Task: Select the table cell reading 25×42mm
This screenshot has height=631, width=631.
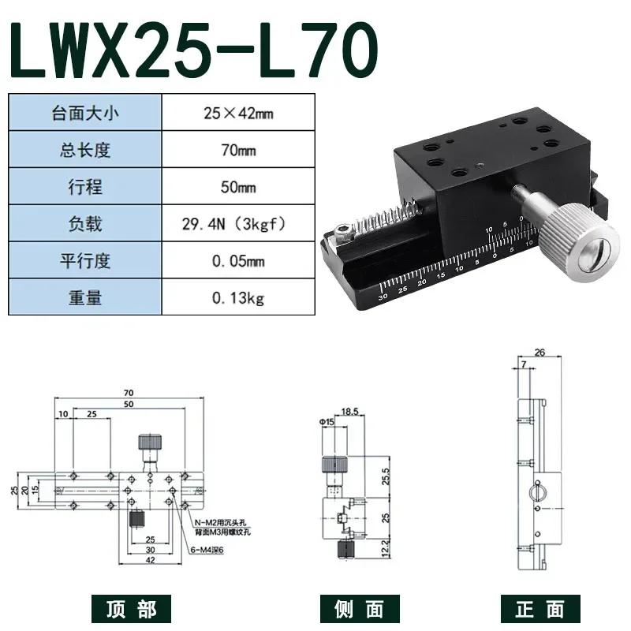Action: click(x=238, y=113)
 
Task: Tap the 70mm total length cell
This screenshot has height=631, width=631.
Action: click(x=238, y=150)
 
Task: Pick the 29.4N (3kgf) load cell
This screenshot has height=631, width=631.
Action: click(x=238, y=224)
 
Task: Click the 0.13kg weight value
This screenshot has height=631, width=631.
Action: click(x=238, y=298)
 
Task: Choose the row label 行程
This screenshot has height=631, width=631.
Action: click(x=86, y=187)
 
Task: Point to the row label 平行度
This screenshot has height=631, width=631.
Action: click(x=86, y=261)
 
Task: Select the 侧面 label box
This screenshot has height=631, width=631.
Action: click(x=353, y=608)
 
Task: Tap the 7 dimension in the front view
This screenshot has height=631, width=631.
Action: click(x=522, y=364)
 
